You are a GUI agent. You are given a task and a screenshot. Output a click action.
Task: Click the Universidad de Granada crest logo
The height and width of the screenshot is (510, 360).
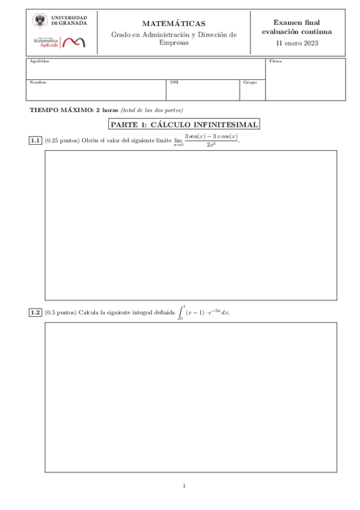tap(41, 22)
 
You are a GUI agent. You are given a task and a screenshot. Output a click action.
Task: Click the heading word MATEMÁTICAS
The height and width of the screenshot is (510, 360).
tap(173, 23)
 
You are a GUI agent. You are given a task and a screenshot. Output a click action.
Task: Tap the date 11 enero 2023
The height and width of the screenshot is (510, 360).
tap(297, 43)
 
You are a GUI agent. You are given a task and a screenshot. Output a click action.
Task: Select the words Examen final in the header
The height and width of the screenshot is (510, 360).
tap(297, 22)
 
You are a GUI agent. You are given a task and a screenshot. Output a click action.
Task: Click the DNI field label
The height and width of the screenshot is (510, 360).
tap(174, 82)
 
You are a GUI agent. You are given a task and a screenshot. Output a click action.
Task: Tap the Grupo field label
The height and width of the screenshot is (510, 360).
tap(249, 82)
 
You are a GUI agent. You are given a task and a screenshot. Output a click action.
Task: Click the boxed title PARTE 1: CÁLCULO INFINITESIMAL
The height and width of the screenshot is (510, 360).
tap(184, 125)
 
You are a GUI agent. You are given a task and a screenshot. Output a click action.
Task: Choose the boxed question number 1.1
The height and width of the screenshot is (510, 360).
tap(35, 141)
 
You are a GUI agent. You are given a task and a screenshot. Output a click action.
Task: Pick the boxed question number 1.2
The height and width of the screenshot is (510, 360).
tap(35, 313)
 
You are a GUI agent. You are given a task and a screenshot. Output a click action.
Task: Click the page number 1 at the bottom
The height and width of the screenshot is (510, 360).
tap(184, 485)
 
